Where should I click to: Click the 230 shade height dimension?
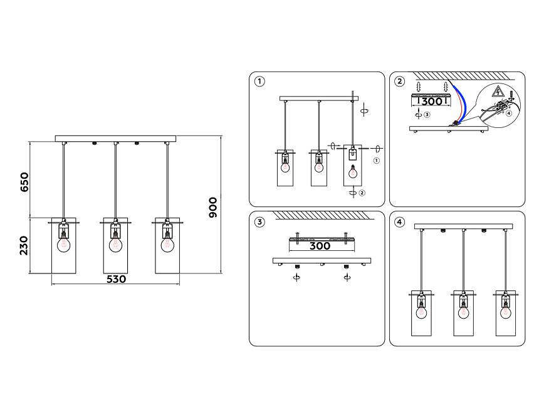click(24, 246)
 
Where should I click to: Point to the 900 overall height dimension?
click(213, 206)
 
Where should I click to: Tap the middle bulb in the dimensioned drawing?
click(115, 244)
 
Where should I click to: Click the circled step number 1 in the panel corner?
click(259, 81)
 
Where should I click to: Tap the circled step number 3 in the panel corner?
click(259, 221)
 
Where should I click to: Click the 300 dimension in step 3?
click(320, 246)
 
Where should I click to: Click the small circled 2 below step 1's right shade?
click(362, 193)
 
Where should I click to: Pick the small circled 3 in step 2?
click(427, 115)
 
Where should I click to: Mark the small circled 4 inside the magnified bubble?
click(509, 114)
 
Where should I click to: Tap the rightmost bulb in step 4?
click(505, 310)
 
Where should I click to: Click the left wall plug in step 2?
click(418, 85)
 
